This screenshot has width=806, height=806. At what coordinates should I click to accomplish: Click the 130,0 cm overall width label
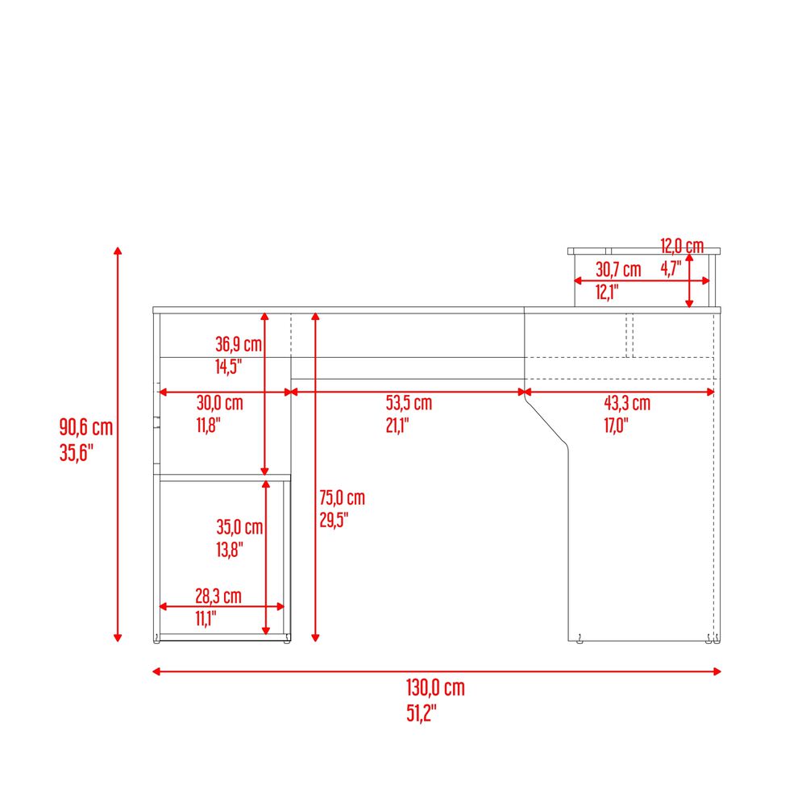point(435,688)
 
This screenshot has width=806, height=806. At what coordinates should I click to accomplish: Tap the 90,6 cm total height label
point(86,427)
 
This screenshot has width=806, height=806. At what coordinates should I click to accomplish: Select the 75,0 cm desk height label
point(343,497)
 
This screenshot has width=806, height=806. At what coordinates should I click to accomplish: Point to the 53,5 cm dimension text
point(409,403)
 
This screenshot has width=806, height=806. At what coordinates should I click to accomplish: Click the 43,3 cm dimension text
point(627,403)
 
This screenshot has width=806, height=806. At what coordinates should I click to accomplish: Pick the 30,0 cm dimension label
point(219,402)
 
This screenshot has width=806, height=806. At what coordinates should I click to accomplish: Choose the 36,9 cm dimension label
point(239,344)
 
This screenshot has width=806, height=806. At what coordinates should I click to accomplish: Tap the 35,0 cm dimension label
point(239,527)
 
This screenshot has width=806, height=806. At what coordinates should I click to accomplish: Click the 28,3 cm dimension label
point(218,596)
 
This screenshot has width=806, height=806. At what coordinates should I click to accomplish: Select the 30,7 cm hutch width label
point(618,269)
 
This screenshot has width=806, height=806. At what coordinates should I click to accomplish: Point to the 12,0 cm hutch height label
point(682,246)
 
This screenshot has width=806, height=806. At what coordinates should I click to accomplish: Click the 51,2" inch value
point(422,713)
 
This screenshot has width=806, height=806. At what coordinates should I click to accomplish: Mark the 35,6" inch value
point(76,453)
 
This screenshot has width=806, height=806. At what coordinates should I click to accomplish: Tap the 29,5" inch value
point(334,520)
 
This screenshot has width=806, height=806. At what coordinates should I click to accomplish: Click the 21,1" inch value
point(397,425)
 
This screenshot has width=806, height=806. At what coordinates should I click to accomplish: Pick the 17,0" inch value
point(617,425)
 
